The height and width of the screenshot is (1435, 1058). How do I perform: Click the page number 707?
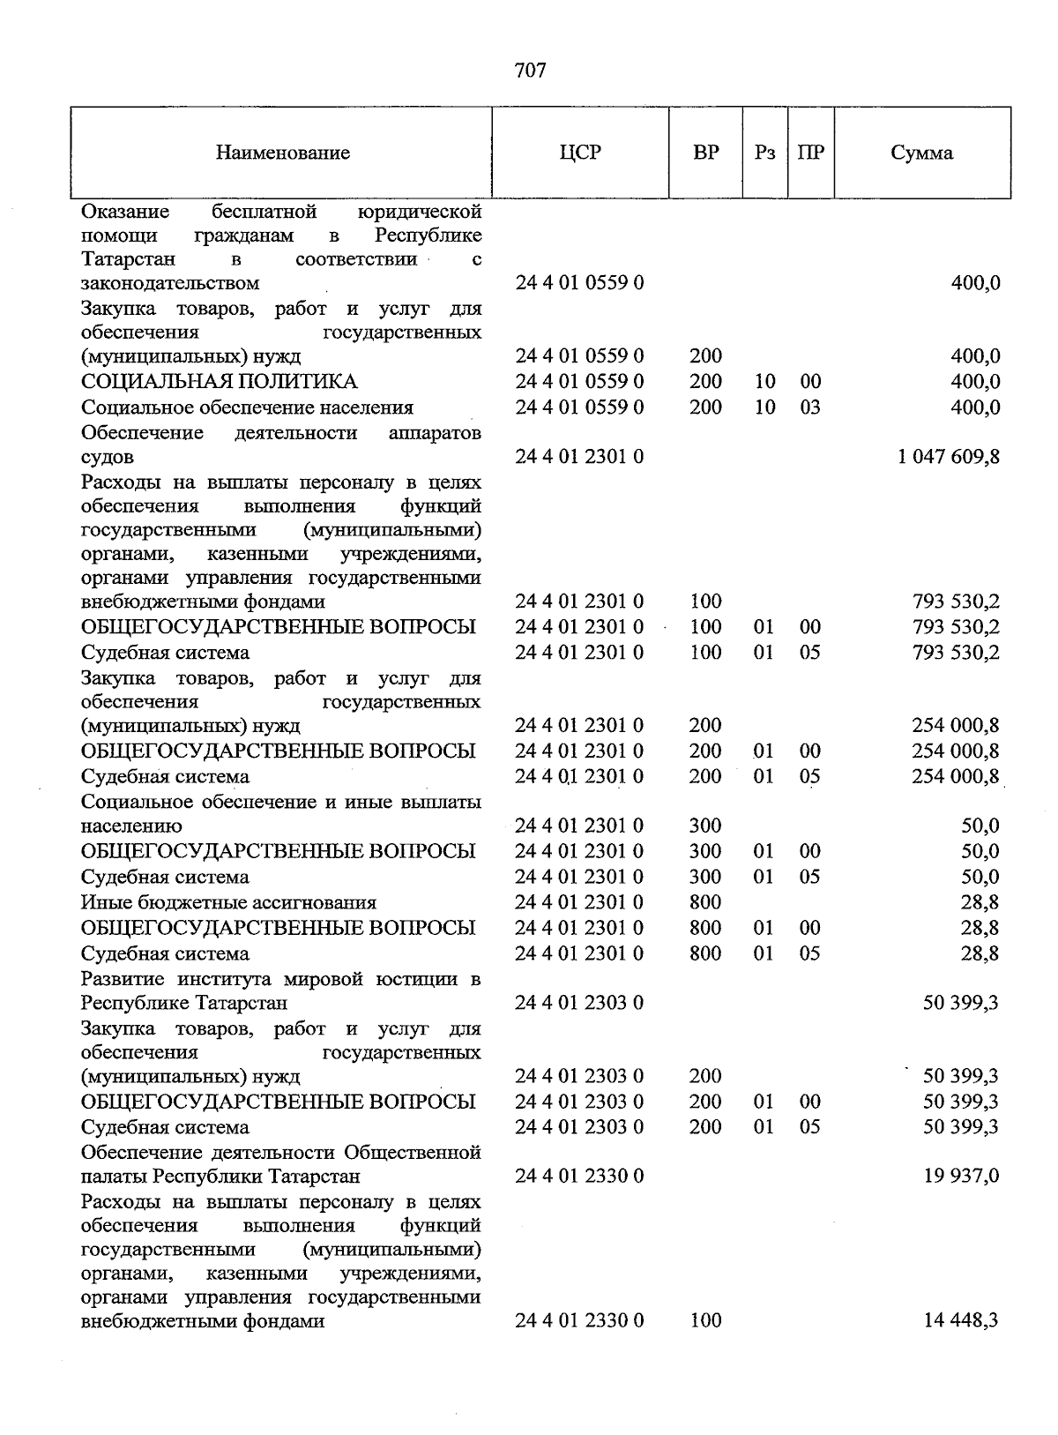pyautogui.click(x=530, y=71)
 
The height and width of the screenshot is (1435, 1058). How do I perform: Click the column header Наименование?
pyautogui.click(x=282, y=153)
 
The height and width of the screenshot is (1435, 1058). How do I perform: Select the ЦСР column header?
pyautogui.click(x=579, y=153)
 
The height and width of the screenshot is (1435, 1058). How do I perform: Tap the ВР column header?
pyautogui.click(x=705, y=153)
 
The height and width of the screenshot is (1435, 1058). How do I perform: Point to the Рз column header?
pyautogui.click(x=764, y=153)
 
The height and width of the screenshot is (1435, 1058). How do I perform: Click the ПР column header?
pyautogui.click(x=810, y=153)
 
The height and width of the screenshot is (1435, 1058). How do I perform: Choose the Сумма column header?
pyautogui.click(x=921, y=153)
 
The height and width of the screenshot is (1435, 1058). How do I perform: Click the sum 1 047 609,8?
pyautogui.click(x=949, y=457)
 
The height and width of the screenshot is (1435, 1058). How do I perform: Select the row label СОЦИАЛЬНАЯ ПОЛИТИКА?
pyautogui.click(x=219, y=382)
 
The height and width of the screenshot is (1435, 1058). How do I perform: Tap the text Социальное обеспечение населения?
pyautogui.click(x=247, y=407)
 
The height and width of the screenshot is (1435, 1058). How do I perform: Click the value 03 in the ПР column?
pyautogui.click(x=809, y=407)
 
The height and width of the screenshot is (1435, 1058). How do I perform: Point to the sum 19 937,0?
pyautogui.click(x=961, y=1177)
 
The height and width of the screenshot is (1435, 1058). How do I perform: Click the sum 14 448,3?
pyautogui.click(x=961, y=1320)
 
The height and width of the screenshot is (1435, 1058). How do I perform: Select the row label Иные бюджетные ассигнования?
pyautogui.click(x=228, y=902)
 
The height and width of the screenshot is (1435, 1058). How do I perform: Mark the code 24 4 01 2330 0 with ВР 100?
pyautogui.click(x=579, y=1320)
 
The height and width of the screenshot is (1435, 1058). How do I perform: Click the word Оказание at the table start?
pyautogui.click(x=126, y=212)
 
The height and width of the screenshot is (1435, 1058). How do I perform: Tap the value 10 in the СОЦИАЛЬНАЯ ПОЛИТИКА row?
pyautogui.click(x=764, y=382)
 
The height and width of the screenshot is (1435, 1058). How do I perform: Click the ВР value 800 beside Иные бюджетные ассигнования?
pyautogui.click(x=705, y=902)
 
